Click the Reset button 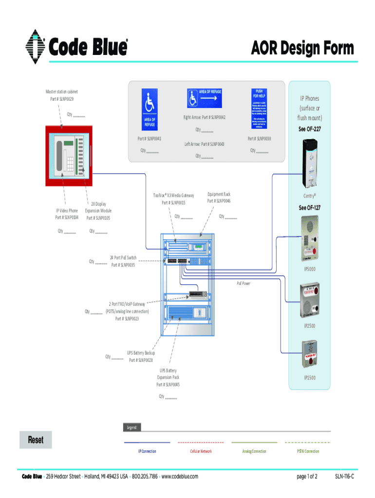(x=36, y=440)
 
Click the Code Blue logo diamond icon (x=35, y=47)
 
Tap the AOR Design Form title (x=302, y=49)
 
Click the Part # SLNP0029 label (x=62, y=99)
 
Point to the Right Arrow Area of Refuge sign (x=204, y=99)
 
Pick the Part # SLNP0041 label (x=150, y=139)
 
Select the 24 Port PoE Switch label (x=123, y=258)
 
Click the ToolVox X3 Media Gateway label (x=173, y=195)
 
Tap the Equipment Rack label (x=219, y=194)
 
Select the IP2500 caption (x=309, y=325)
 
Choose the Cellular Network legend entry (x=201, y=451)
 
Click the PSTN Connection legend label (x=308, y=451)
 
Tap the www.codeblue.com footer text (x=180, y=477)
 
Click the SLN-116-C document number (x=344, y=477)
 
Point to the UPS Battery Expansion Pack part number (x=168, y=384)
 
